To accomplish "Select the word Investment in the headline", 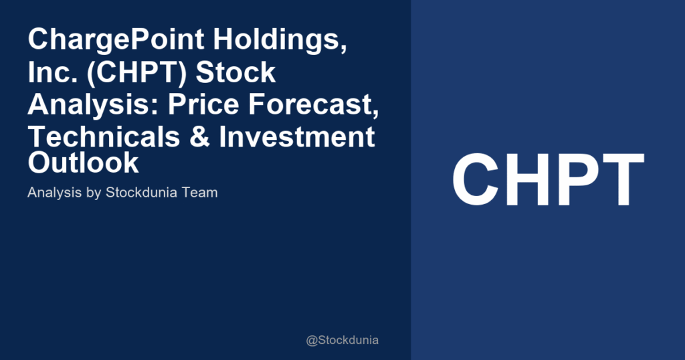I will tap(298, 137).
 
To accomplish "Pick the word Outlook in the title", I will tap(84, 163).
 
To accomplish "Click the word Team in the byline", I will tap(202, 193).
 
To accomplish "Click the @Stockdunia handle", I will tap(342, 340).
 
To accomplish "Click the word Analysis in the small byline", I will tap(54, 193).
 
